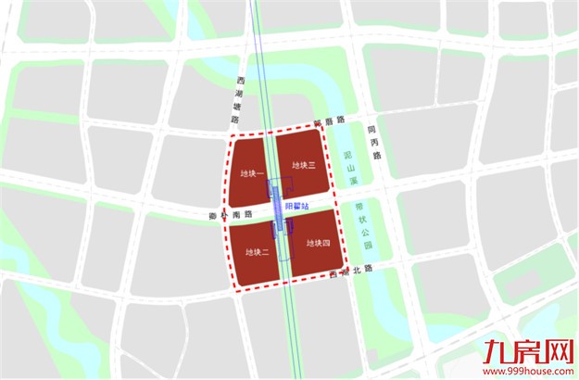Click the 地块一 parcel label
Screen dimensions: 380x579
click(253, 174)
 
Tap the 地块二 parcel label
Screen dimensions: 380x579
click(257, 252)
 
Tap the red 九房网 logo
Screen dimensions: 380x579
click(527, 349)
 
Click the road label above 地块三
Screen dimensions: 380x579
click(328, 121)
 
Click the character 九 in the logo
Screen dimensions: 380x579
click(497, 349)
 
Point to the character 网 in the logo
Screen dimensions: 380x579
click(558, 349)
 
